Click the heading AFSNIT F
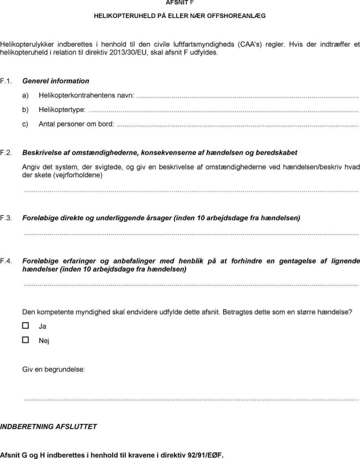[179, 3]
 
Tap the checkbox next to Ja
[25, 325]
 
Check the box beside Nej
[25, 340]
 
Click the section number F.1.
[7, 81]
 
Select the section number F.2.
[7, 152]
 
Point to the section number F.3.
[7, 218]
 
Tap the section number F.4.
[7, 261]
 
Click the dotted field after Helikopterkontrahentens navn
[247, 96]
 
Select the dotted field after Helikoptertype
[223, 110]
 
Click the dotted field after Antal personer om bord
[237, 124]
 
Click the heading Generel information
[56, 81]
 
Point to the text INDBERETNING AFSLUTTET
[49, 426]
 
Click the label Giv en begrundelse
[53, 369]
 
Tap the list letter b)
[25, 110]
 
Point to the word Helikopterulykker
[28, 44]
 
